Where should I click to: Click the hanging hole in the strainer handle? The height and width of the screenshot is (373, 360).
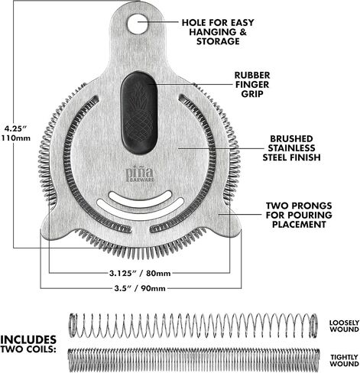[138, 24]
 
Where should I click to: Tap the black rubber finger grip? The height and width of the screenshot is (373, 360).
[139, 113]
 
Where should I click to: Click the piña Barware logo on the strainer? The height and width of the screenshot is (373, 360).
[140, 175]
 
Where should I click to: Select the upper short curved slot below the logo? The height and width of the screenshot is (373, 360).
[140, 199]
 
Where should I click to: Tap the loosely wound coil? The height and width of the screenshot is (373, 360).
[193, 326]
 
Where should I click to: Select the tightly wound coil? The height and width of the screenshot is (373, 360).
[193, 360]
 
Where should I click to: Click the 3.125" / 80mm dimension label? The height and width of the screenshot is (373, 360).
[140, 274]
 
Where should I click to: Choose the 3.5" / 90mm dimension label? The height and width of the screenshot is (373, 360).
[140, 288]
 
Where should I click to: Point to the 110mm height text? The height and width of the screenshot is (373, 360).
[16, 138]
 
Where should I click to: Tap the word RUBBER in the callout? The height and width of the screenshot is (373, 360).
[252, 76]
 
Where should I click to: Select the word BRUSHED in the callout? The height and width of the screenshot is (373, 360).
[291, 139]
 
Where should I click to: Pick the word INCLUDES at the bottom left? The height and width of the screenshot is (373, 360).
[28, 340]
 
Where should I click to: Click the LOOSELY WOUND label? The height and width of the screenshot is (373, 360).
[344, 326]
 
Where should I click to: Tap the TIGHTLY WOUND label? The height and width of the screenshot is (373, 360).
[344, 361]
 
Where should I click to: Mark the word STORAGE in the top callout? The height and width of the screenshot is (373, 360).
[218, 41]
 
